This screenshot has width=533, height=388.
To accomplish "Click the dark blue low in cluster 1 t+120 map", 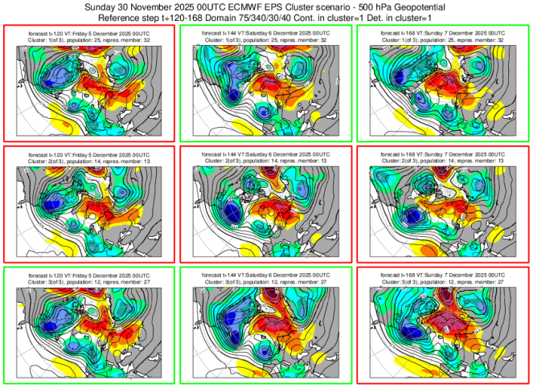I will (x=55, y=76).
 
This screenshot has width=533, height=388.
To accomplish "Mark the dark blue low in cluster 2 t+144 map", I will (x=232, y=213).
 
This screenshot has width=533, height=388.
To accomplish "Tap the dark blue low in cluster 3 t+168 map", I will (x=416, y=333).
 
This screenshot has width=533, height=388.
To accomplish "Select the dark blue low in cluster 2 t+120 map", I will (x=54, y=200).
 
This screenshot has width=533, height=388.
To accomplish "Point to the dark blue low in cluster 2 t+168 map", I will (x=416, y=214).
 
